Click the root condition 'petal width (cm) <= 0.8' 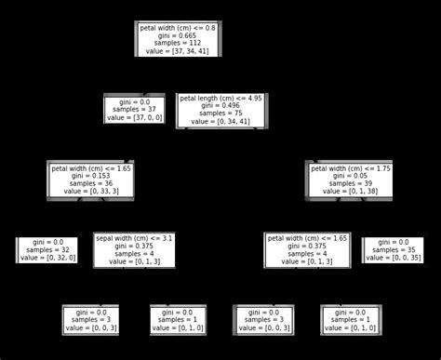[x=177, y=28]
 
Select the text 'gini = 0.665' [x=177, y=36]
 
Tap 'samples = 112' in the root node [x=177, y=45]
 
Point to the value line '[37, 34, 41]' [x=177, y=53]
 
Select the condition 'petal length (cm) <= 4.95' [x=221, y=97]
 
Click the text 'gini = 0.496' [x=221, y=105]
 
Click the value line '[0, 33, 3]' [x=91, y=191]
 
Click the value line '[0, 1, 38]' [x=351, y=191]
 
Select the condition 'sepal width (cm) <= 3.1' [x=134, y=238]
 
